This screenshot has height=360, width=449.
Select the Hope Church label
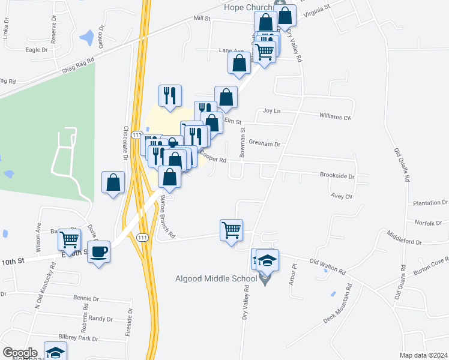pyautogui.click(x=248, y=7)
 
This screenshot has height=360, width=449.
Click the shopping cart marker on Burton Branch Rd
pyautogui.click(x=231, y=230)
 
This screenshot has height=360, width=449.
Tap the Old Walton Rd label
pyautogui.click(x=327, y=266)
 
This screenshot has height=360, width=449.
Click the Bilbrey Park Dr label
pyautogui.click(x=78, y=338)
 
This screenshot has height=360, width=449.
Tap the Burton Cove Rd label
pyautogui.click(x=430, y=264)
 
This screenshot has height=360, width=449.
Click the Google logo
pyautogui.click(x=19, y=353)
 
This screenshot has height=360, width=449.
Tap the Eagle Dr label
pyautogui.click(x=37, y=50)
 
